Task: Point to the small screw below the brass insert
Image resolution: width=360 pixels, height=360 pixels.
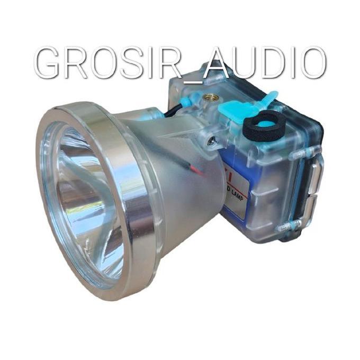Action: tap(211, 140)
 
